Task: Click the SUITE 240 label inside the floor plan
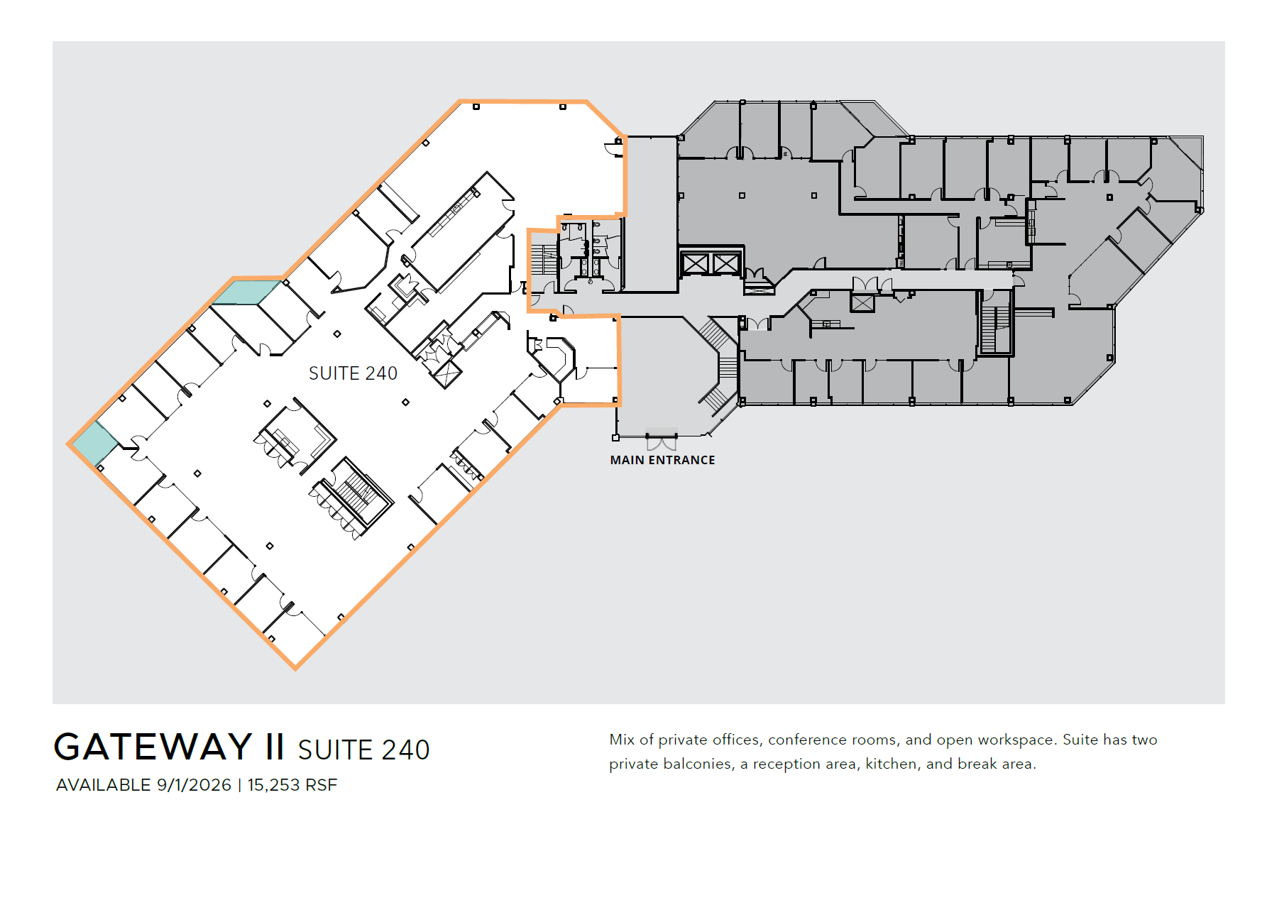tap(353, 373)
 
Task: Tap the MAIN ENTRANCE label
tap(662, 460)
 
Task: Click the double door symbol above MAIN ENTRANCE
tap(662, 443)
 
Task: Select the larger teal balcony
tap(246, 292)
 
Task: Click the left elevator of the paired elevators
tap(695, 264)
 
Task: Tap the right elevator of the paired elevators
tap(726, 264)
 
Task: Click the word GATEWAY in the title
tap(153, 747)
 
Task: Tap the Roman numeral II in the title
tap(275, 747)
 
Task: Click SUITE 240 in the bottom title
tap(363, 750)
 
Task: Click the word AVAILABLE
tap(104, 785)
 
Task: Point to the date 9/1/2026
tap(194, 785)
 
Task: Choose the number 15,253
tap(273, 785)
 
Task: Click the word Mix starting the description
tap(622, 740)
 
